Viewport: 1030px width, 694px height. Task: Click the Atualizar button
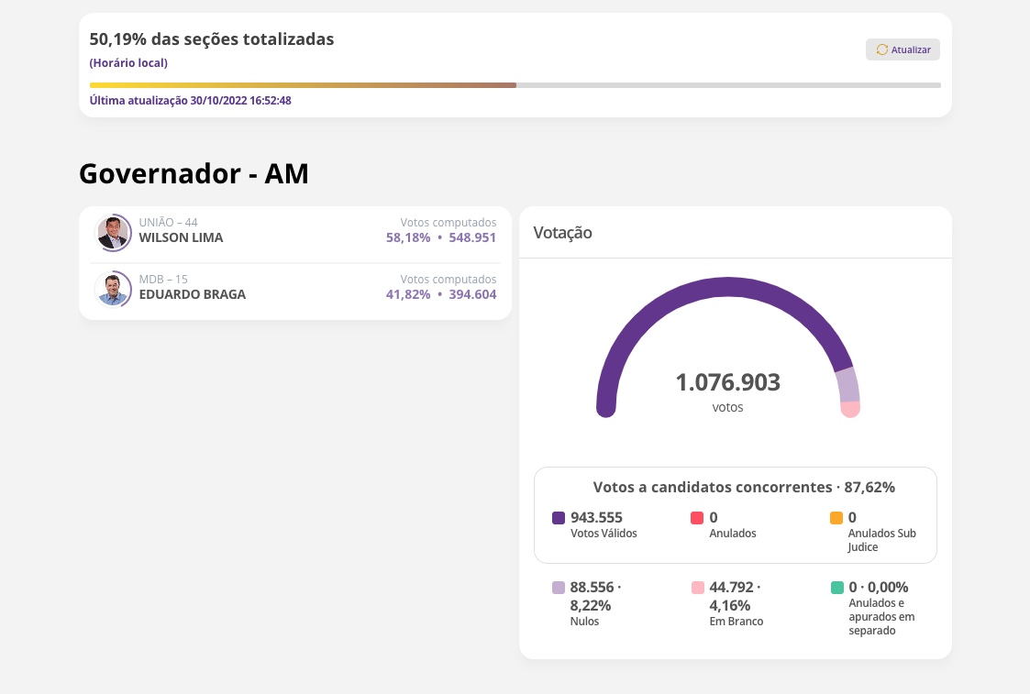coord(903,50)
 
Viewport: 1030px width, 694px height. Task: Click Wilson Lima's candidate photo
coord(114,233)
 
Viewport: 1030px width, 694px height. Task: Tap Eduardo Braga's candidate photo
coord(114,290)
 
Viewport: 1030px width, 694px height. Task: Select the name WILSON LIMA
coord(181,238)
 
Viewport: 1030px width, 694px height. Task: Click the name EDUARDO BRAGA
coord(192,295)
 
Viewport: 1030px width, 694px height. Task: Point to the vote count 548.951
coord(472,238)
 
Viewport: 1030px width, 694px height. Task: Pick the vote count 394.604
coord(472,295)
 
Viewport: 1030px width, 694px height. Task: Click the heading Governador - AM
coord(194,173)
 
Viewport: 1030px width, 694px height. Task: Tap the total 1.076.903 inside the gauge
coord(727,382)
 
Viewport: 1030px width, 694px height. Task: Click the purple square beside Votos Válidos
coord(559,518)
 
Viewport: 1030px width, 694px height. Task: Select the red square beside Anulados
coord(697,518)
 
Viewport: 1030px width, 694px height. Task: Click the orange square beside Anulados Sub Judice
coord(836,518)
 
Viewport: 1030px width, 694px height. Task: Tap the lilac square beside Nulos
coord(559,588)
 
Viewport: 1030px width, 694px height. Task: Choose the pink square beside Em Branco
coord(697,588)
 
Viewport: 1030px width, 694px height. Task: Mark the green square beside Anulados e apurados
coord(836,588)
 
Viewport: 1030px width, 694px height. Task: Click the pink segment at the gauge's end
coord(850,409)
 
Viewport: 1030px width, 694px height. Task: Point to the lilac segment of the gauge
coord(847,385)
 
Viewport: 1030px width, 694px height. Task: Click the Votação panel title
coord(562,233)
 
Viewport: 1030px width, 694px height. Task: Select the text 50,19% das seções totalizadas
coord(212,39)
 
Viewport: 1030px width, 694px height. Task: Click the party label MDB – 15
coord(163,280)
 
